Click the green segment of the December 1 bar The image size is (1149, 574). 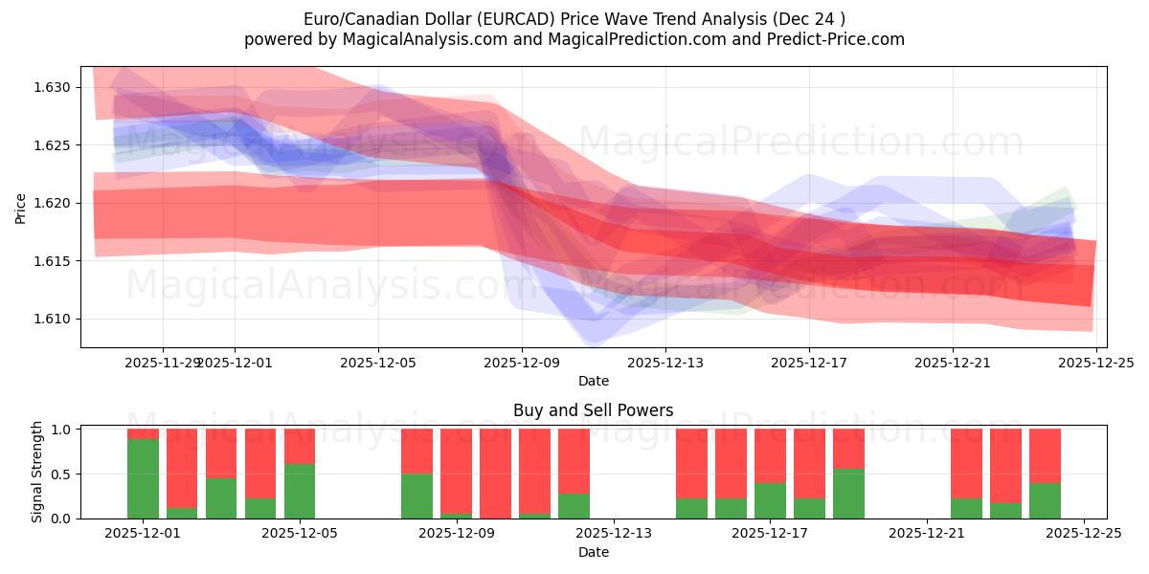(x=143, y=478)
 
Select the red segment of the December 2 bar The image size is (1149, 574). (x=182, y=468)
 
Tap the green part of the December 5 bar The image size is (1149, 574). (x=300, y=491)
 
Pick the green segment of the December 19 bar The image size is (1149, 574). (x=848, y=494)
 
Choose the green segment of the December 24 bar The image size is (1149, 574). (x=1045, y=500)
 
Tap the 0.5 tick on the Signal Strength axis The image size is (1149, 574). (x=61, y=475)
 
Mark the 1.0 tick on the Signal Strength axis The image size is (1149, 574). (x=61, y=430)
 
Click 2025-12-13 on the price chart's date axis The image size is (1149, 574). (x=665, y=363)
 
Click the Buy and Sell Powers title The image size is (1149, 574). (x=593, y=410)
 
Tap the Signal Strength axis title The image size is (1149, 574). (x=37, y=472)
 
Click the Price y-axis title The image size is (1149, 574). (x=21, y=207)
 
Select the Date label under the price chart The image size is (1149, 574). (x=593, y=381)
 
